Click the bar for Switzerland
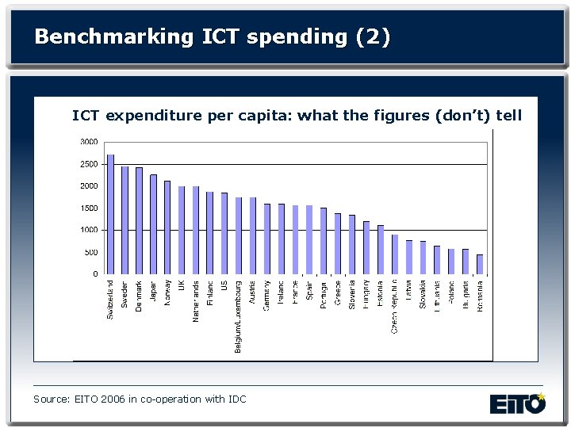110,214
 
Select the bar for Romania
479,265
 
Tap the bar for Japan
153,224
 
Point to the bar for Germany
266,239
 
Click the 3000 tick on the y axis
89,142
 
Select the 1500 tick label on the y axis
89,208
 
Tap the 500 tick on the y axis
91,252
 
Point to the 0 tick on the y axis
95,274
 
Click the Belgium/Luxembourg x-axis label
238,315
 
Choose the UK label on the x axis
181,286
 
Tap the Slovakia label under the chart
423,296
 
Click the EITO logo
517,403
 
